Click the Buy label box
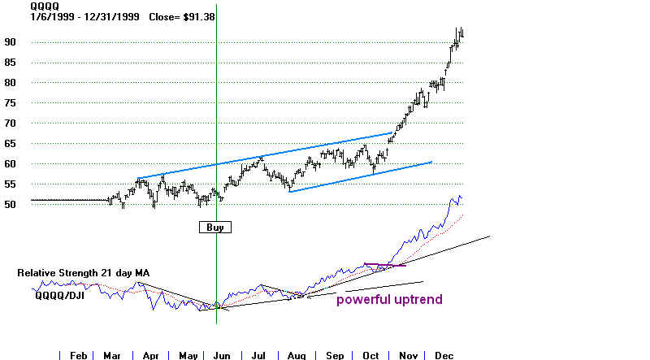click(215, 228)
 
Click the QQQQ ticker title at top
click(45, 7)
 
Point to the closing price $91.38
click(199, 17)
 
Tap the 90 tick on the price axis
click(10, 42)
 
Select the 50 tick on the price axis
click(10, 205)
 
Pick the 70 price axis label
click(10, 124)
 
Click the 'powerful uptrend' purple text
click(389, 299)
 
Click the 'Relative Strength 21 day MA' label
click(84, 273)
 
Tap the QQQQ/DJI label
click(59, 295)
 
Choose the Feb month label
click(78, 355)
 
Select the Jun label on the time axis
click(222, 355)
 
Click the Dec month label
click(444, 355)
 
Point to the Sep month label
click(335, 355)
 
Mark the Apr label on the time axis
click(150, 355)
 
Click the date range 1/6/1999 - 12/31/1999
click(84, 17)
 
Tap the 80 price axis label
click(10, 83)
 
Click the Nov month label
click(408, 355)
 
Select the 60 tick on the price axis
click(10, 164)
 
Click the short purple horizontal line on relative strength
click(385, 265)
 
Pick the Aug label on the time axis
click(297, 355)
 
